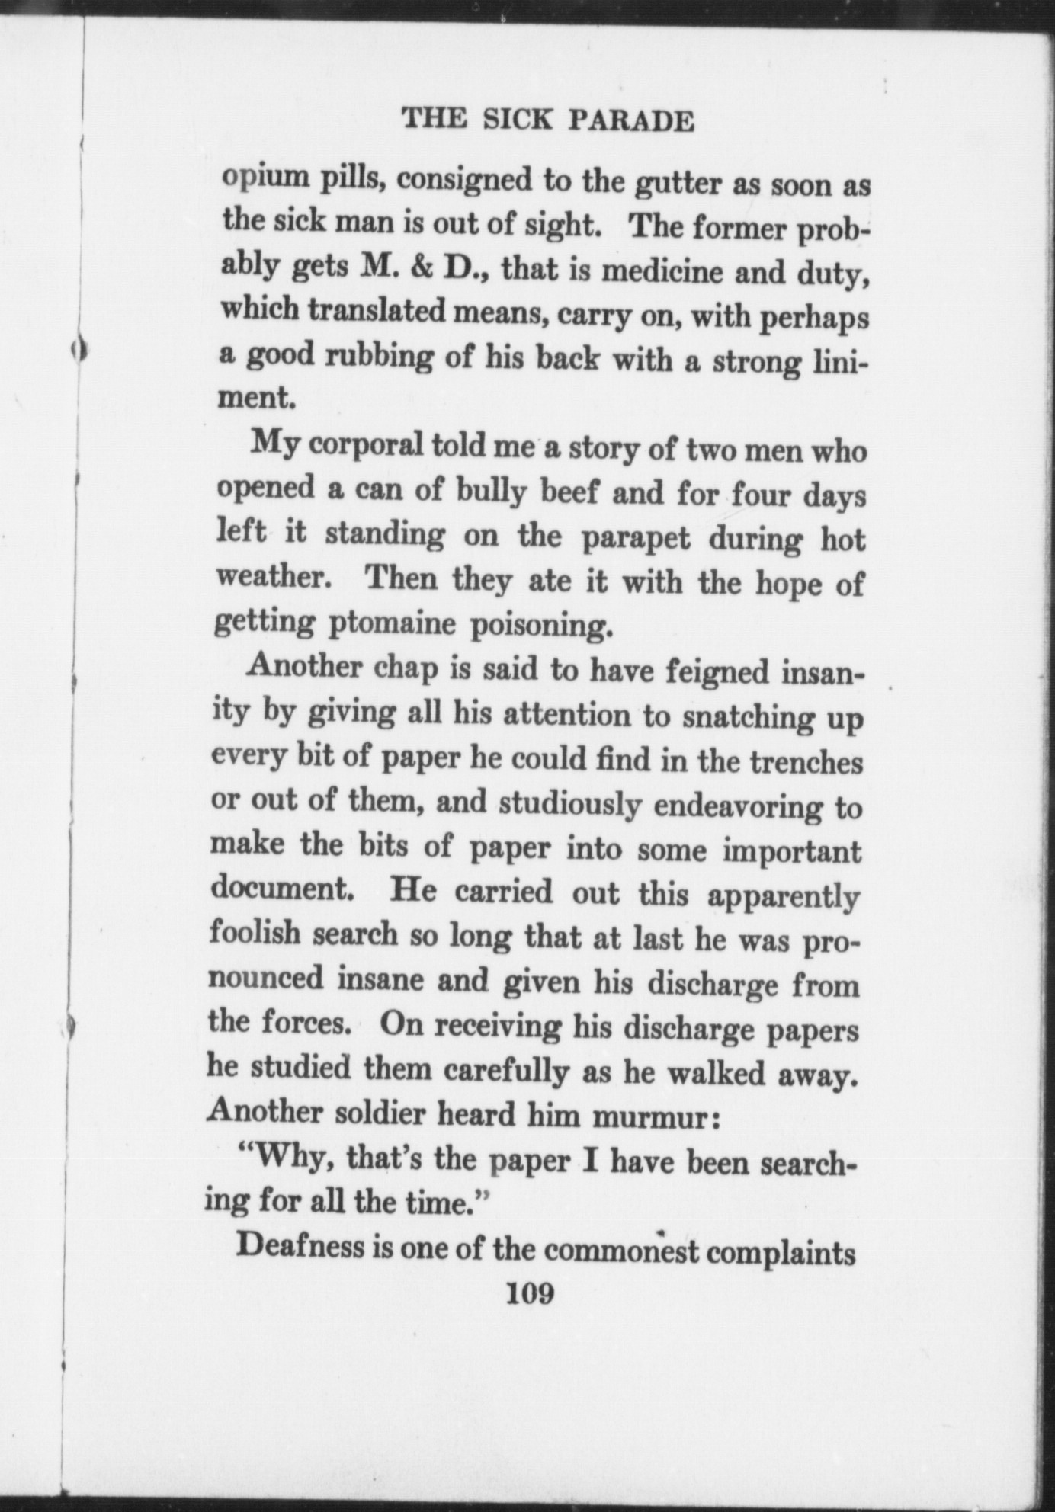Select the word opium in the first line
(258, 180)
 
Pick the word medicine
(660, 271)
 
